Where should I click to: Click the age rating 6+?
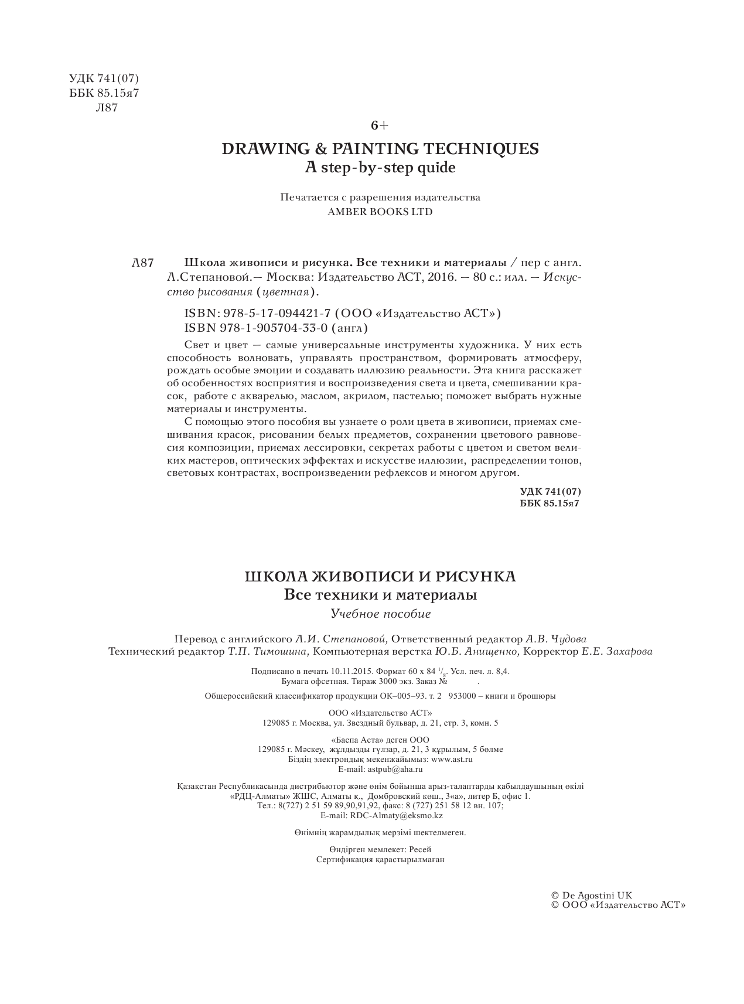[380, 125]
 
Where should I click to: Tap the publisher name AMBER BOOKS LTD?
[380, 212]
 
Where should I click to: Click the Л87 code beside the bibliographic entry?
[143, 263]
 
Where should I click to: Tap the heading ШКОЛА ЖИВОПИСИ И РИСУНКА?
[380, 577]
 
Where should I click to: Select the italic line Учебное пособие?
[380, 614]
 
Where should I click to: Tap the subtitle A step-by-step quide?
[380, 168]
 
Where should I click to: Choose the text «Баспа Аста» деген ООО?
[380, 740]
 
